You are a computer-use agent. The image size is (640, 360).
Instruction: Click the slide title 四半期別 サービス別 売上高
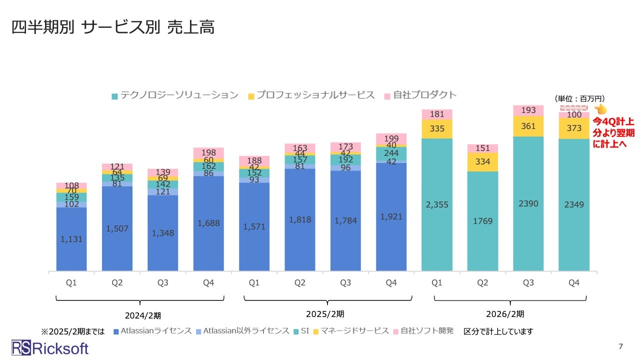click(x=113, y=28)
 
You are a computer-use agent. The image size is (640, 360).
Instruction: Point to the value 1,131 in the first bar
click(x=71, y=239)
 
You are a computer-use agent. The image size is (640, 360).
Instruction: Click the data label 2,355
click(x=437, y=205)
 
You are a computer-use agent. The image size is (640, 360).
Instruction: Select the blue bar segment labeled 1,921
click(x=391, y=217)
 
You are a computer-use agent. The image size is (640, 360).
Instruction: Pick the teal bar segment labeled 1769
click(x=482, y=220)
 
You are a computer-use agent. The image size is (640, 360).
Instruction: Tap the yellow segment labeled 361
click(x=528, y=126)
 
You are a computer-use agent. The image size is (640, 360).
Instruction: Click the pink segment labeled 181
click(x=437, y=114)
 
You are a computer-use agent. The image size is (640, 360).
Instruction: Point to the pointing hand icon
click(x=600, y=109)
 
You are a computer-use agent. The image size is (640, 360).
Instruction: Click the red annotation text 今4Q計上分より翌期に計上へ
click(x=613, y=132)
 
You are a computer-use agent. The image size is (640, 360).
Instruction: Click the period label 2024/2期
click(x=143, y=315)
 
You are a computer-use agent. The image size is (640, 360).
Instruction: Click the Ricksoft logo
click(x=50, y=347)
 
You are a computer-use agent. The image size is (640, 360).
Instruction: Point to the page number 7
click(x=621, y=346)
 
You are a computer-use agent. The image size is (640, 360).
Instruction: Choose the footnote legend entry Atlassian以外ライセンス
click(x=242, y=331)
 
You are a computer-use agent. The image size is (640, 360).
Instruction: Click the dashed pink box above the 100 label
click(x=573, y=107)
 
